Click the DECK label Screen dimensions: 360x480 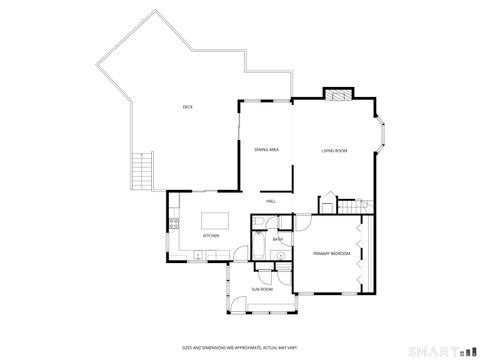(x=187, y=107)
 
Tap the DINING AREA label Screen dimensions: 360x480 (x=265, y=150)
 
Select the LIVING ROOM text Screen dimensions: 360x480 (x=334, y=150)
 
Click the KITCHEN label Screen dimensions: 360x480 (x=211, y=236)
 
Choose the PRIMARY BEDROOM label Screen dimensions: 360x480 (x=332, y=254)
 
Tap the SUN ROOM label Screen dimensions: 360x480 (x=262, y=290)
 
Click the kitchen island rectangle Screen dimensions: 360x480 (x=215, y=219)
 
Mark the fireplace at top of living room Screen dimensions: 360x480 (x=337, y=96)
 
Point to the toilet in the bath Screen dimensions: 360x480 (x=283, y=255)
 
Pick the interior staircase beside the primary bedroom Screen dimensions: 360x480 (x=344, y=206)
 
